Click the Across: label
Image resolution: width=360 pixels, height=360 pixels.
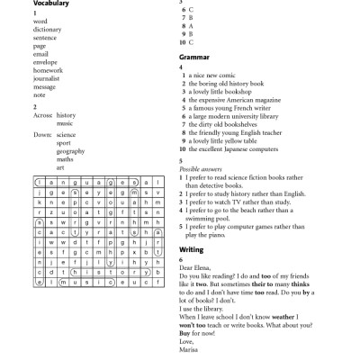pos(42,115)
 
